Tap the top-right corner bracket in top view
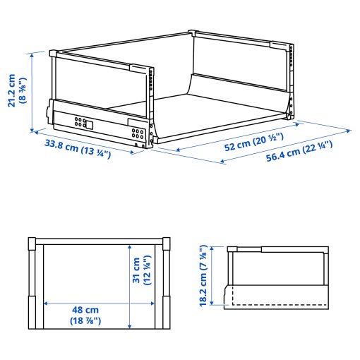coord(167,245)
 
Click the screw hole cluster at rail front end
coord(138,131)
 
